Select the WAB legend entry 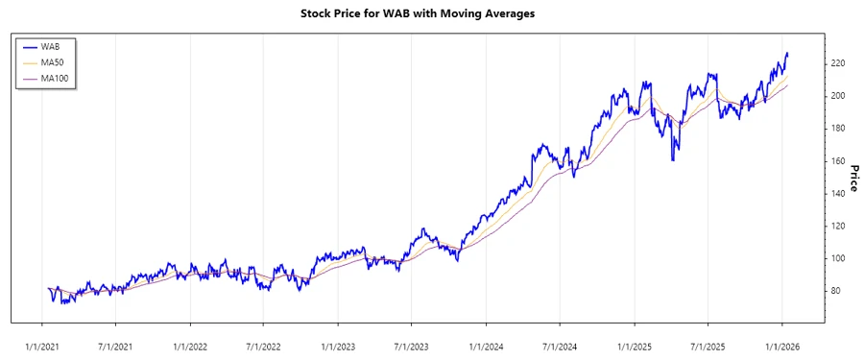[50, 46]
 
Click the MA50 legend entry [52, 62]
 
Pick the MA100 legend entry [54, 78]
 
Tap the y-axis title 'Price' [851, 177]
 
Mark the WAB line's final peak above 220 [787, 54]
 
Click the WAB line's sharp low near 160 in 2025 [672, 159]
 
